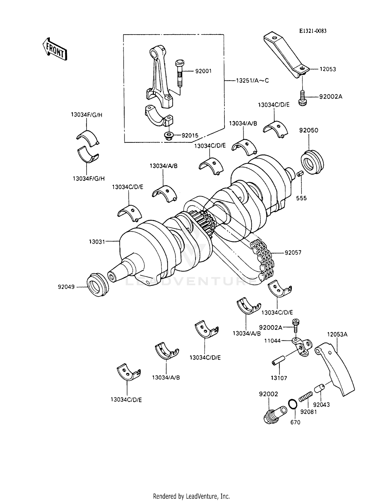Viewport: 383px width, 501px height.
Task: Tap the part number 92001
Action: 203,71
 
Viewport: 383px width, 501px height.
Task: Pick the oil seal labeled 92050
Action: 312,162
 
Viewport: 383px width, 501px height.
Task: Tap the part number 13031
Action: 97,242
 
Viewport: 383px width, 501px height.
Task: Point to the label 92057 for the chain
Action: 293,253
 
